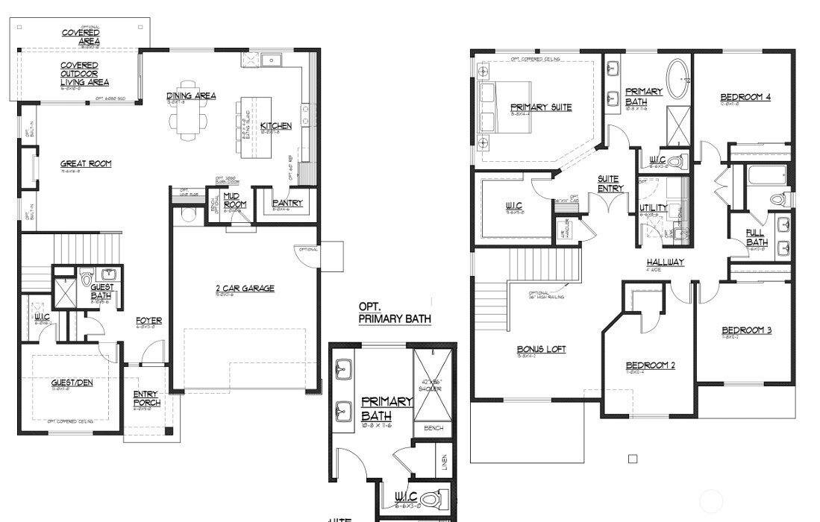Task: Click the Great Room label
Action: (87, 163)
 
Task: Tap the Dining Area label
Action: (191, 95)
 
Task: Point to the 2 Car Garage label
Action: (245, 288)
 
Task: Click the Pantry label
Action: (287, 203)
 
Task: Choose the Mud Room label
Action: (234, 200)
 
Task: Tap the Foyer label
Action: (148, 321)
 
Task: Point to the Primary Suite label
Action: (541, 107)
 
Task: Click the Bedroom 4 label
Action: (745, 98)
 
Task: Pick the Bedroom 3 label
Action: (746, 330)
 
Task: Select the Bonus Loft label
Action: (541, 349)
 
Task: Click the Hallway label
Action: (665, 262)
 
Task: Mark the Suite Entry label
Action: (610, 183)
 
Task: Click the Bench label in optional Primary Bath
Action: (434, 428)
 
